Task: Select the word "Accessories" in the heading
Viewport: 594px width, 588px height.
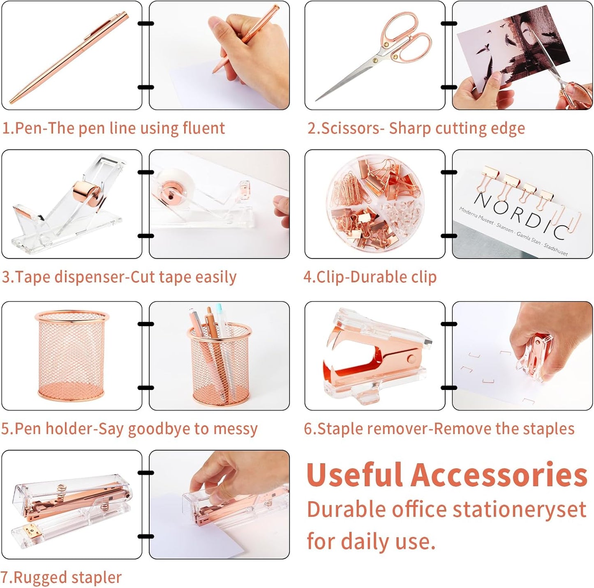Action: pyautogui.click(x=499, y=475)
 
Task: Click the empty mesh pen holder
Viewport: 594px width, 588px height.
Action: pyautogui.click(x=72, y=355)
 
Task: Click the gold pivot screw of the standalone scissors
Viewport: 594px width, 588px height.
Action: pyautogui.click(x=375, y=60)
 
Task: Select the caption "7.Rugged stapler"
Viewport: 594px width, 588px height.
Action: pyautogui.click(x=61, y=577)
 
